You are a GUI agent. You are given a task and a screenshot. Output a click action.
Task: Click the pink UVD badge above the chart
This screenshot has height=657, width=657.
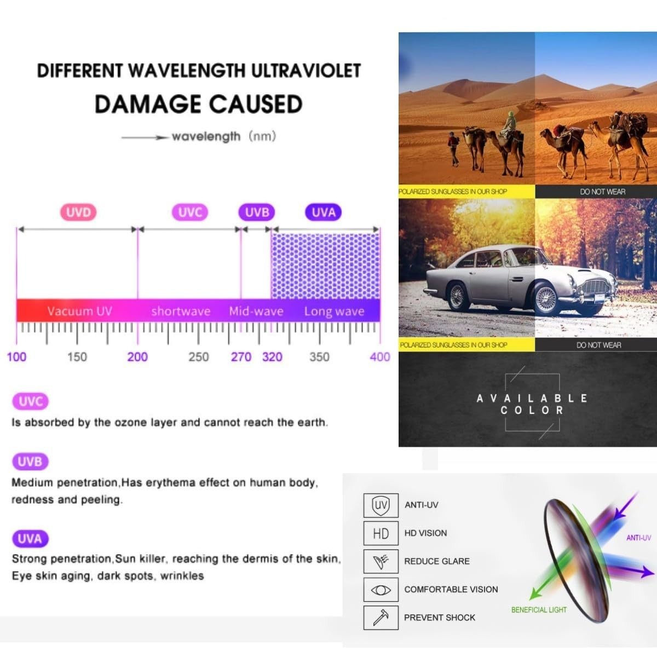pyautogui.click(x=78, y=212)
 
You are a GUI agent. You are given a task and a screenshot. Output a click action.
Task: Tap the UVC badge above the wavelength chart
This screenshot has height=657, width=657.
pyautogui.click(x=190, y=212)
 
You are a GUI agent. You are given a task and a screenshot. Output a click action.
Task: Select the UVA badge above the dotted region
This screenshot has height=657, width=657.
pyautogui.click(x=324, y=212)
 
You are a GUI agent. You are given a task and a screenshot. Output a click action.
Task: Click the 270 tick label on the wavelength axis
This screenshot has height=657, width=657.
pyautogui.click(x=241, y=357)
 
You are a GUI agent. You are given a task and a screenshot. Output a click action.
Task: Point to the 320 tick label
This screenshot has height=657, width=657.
pyautogui.click(x=272, y=357)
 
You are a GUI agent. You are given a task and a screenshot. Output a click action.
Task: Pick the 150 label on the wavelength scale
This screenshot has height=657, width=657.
pyautogui.click(x=77, y=357)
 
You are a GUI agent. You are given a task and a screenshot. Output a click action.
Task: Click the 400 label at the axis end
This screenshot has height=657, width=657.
pyautogui.click(x=380, y=357)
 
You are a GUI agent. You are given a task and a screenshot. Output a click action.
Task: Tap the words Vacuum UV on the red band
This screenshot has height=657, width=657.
pyautogui.click(x=79, y=312)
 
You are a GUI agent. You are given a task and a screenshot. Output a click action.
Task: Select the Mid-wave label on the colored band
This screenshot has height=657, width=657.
pyautogui.click(x=256, y=312)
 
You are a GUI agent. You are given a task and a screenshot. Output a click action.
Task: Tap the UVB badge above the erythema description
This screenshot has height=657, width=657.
pyautogui.click(x=30, y=462)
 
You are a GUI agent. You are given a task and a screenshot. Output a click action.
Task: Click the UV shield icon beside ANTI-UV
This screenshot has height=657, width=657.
pyautogui.click(x=381, y=505)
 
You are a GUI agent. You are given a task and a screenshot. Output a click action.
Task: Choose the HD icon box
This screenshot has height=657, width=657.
pyautogui.click(x=381, y=533)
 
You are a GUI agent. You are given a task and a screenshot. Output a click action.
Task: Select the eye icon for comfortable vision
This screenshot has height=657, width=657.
pyautogui.click(x=381, y=590)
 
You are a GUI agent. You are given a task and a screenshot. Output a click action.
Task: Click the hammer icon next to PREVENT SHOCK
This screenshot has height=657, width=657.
pyautogui.click(x=381, y=618)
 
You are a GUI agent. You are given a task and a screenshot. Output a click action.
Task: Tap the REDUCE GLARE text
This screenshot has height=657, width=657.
pyautogui.click(x=437, y=561)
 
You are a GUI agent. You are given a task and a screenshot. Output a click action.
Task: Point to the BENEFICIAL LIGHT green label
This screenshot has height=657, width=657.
pyautogui.click(x=539, y=609)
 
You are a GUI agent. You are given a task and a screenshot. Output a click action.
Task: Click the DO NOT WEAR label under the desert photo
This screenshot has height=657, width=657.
pyautogui.click(x=602, y=192)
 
